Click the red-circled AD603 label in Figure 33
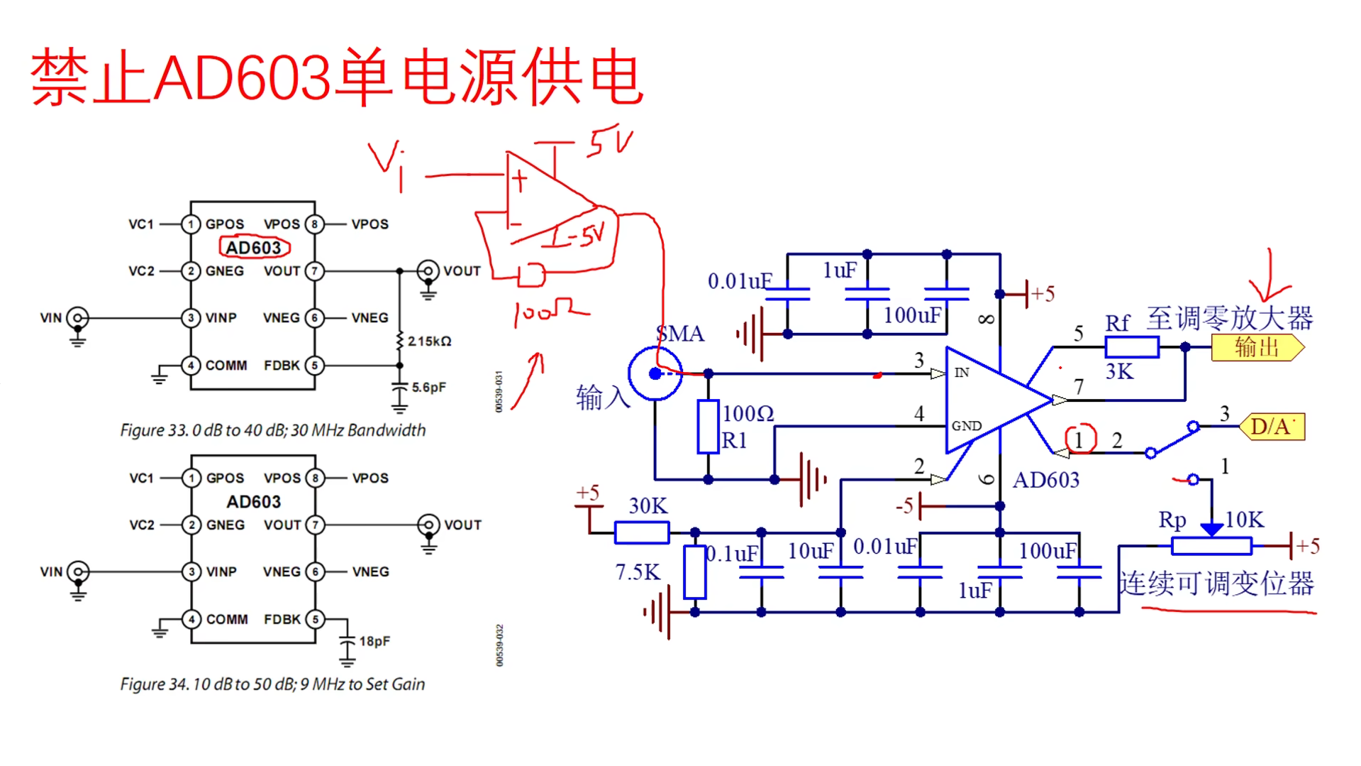click(254, 248)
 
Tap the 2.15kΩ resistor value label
click(429, 341)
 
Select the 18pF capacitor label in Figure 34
click(374, 642)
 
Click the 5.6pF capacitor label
click(429, 388)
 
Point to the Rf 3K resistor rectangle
click(1131, 347)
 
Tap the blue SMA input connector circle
click(655, 373)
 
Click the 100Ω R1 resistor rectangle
click(708, 427)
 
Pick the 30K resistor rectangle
click(641, 532)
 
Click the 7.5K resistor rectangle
click(694, 572)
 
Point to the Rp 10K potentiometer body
click(1211, 546)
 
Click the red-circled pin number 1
click(1080, 440)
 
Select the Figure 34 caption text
click(272, 684)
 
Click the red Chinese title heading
click(337, 77)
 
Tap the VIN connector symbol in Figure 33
click(77, 318)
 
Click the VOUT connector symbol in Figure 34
click(428, 525)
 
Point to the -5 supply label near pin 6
click(904, 506)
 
